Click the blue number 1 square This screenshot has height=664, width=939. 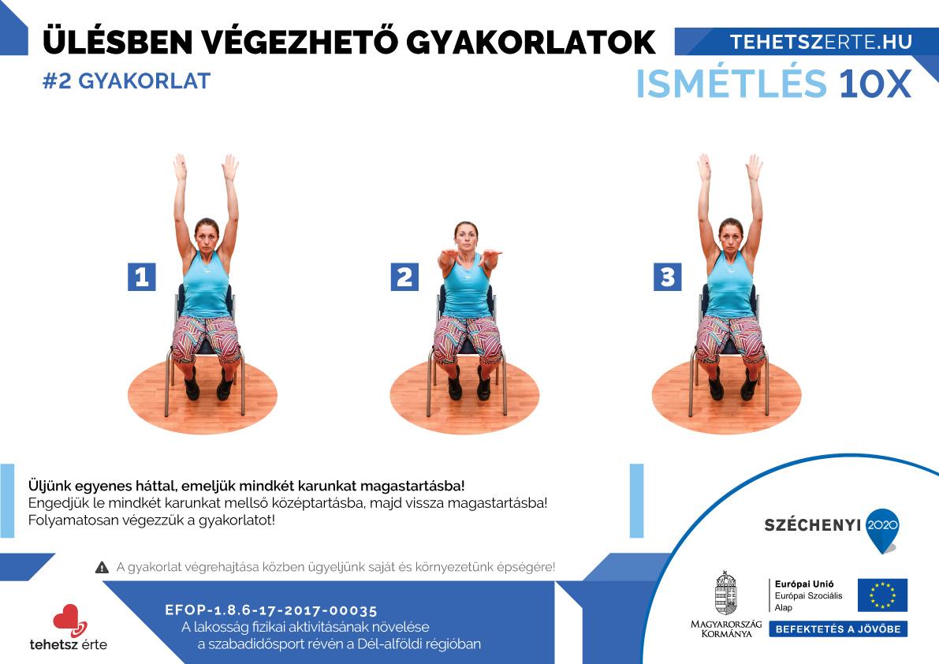click(141, 277)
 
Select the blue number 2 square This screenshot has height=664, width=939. click(404, 277)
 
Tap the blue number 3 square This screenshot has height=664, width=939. click(667, 277)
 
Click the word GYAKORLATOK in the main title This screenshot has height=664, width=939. click(531, 42)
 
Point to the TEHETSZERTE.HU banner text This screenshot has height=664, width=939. click(821, 42)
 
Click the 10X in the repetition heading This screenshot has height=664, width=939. click(875, 84)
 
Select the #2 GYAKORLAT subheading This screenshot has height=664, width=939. click(126, 80)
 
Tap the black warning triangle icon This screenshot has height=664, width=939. click(102, 567)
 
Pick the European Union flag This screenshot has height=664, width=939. click(882, 595)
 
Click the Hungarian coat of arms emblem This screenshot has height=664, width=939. click(726, 593)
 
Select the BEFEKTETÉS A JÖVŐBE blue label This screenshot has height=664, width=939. click(838, 629)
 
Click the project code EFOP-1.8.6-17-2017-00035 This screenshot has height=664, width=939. click(271, 610)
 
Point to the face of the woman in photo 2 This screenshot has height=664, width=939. click(466, 237)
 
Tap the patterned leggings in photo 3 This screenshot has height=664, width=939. click(729, 339)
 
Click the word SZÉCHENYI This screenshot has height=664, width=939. click(813, 525)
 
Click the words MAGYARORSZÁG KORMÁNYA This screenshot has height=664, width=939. click(726, 629)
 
